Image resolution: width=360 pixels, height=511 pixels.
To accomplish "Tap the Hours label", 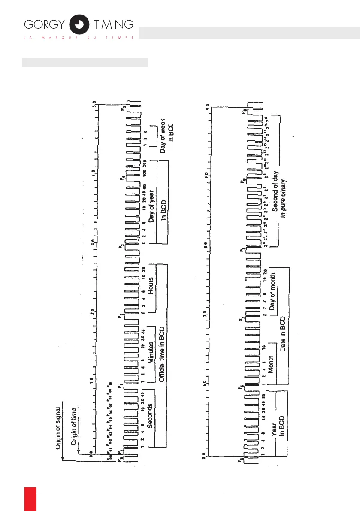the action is click(151, 286).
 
